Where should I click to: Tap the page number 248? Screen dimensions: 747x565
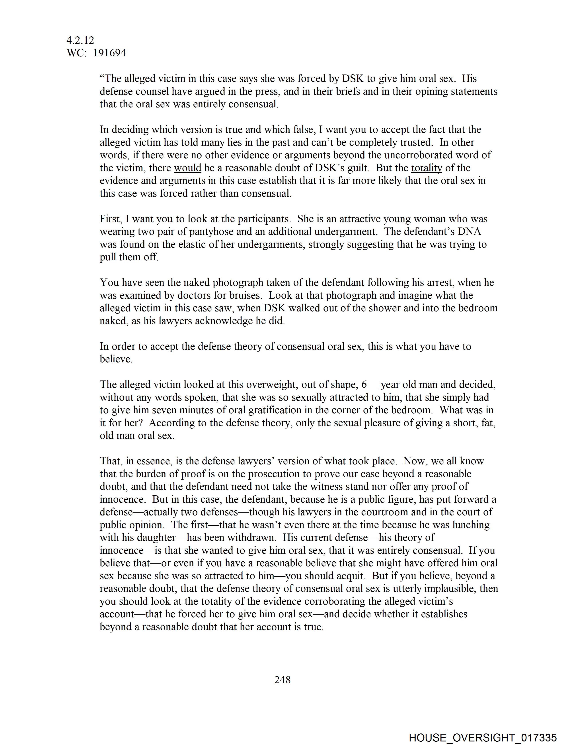pos(282,679)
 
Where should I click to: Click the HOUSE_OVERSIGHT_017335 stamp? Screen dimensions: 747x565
pos(482,737)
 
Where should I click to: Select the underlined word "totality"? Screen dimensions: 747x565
pos(426,168)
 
